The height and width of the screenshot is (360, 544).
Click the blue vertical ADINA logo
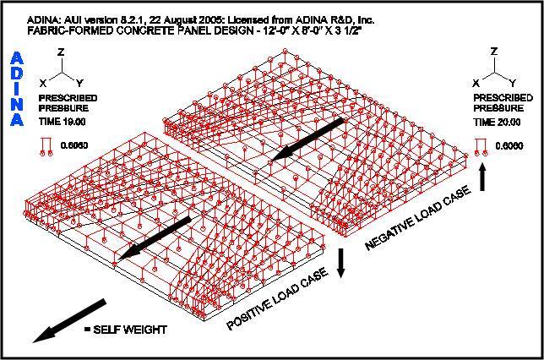click(x=17, y=89)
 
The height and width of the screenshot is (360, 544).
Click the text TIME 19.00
click(x=63, y=122)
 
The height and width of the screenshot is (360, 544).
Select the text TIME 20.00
click(x=498, y=123)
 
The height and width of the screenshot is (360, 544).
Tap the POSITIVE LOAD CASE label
click(x=278, y=298)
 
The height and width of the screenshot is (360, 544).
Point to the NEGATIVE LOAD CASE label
click(x=418, y=217)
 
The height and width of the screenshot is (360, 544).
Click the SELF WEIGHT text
click(x=130, y=330)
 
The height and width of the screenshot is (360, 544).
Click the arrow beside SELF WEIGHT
click(x=69, y=320)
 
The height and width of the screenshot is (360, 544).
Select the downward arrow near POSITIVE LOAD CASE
click(x=340, y=263)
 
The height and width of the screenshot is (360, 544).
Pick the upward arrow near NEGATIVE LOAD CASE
click(x=482, y=177)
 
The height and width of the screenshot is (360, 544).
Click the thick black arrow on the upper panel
click(x=307, y=139)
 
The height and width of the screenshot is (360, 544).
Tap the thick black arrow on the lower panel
click(x=155, y=238)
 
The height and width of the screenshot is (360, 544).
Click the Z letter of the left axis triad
click(x=61, y=52)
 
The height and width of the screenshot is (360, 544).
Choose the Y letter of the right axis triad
click(x=513, y=83)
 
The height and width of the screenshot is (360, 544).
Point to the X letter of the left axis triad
click(x=43, y=84)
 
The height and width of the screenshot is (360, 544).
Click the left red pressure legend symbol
click(x=46, y=146)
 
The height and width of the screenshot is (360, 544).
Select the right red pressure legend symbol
click(x=481, y=147)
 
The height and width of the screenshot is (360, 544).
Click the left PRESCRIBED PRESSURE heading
click(x=68, y=103)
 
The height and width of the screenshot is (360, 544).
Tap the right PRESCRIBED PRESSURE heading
click(x=503, y=103)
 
